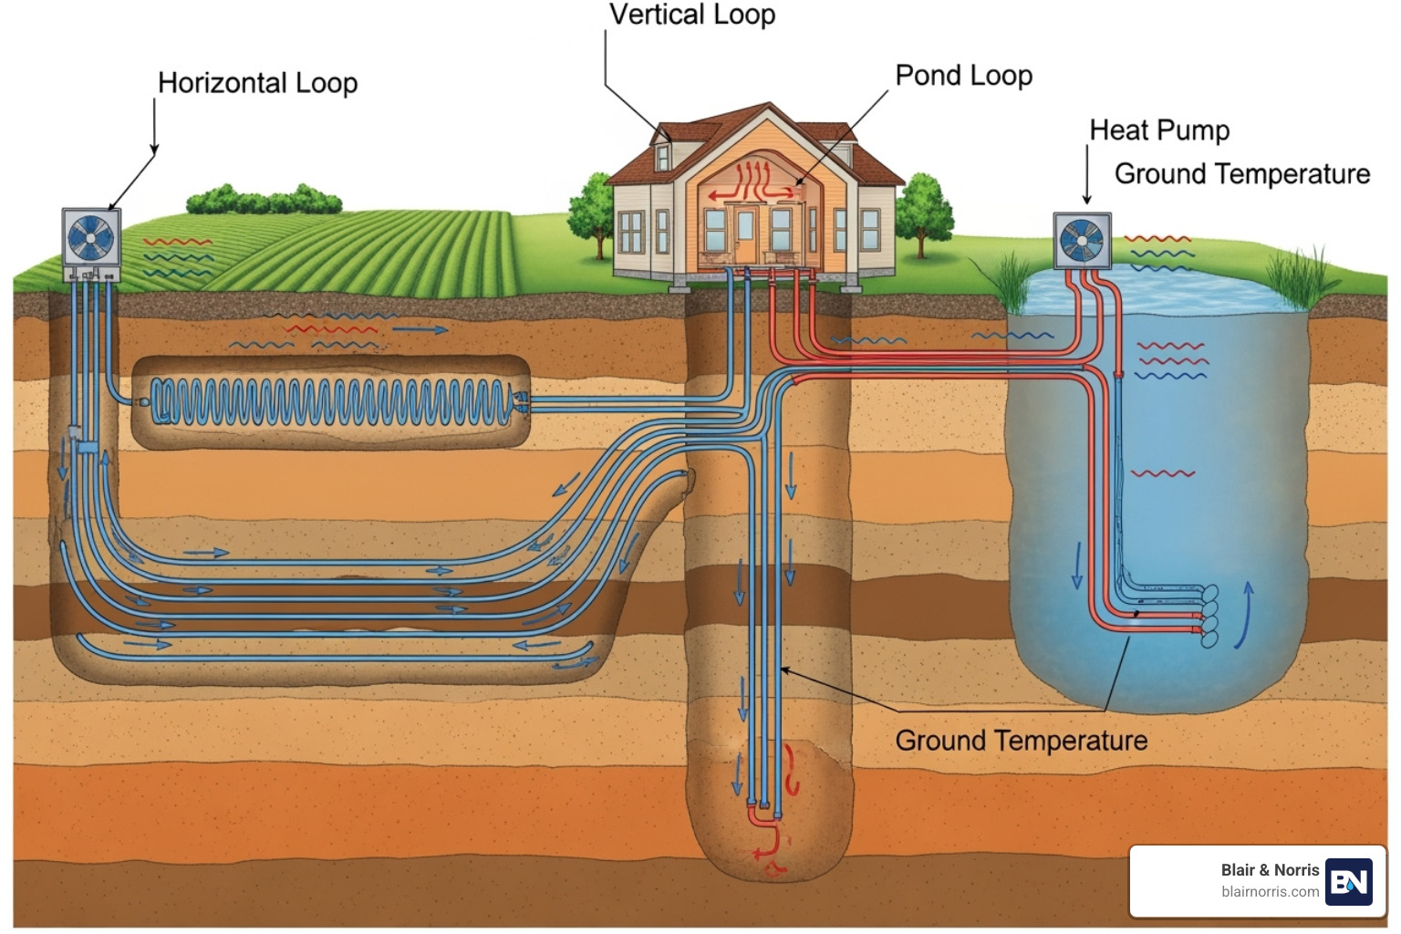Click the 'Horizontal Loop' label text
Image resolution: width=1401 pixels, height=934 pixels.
tap(257, 83)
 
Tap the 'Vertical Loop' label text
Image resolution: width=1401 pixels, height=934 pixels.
tap(691, 15)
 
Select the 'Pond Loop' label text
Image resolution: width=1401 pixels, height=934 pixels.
tap(963, 76)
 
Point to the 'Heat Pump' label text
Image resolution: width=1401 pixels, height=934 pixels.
tap(1159, 130)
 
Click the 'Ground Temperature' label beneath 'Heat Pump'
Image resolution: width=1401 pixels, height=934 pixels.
tap(1241, 173)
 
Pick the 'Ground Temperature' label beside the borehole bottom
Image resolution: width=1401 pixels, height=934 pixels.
tap(1021, 741)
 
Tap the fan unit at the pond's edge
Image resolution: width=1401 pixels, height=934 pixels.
tap(1082, 242)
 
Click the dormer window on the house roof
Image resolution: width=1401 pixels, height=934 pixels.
tap(663, 156)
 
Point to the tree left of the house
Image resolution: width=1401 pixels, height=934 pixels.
tap(594, 210)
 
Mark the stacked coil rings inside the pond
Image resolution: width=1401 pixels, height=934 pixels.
tap(1209, 617)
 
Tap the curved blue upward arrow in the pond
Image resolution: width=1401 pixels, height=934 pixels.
tap(1244, 616)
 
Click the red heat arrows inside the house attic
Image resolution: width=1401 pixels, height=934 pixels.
tap(752, 183)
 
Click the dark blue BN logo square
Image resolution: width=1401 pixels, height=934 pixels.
tap(1348, 881)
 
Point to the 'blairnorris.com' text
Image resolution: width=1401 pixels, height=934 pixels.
tap(1270, 892)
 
